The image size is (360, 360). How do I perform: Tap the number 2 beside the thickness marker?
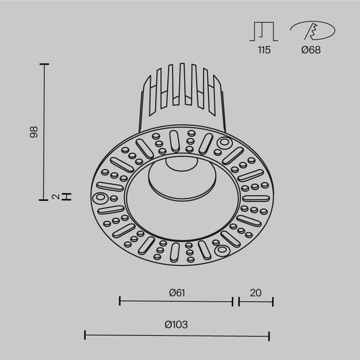(x=54, y=196)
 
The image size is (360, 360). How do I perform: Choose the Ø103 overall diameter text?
(x=176, y=325)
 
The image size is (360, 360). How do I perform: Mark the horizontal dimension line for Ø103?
(x=176, y=334)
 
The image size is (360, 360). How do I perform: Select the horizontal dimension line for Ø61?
(x=176, y=301)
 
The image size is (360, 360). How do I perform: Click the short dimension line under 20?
(x=256, y=301)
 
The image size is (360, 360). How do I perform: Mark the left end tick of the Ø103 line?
(x=84, y=334)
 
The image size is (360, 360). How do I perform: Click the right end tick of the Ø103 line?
(x=269, y=334)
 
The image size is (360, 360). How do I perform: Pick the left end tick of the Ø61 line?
(x=120, y=301)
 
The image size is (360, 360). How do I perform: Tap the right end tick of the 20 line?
(x=273, y=301)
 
